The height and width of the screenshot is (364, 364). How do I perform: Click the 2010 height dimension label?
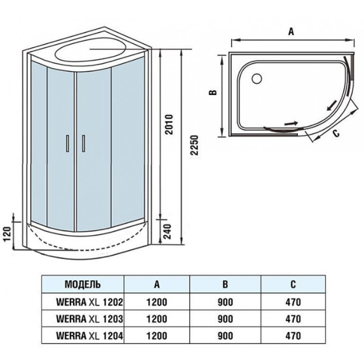pos(170,124)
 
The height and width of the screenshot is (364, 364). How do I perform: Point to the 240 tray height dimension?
pos(167,232)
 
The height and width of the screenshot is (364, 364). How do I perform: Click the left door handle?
pos(67,143)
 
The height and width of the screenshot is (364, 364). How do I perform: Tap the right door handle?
pos(83,143)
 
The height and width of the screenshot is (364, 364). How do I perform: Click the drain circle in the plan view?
pos(257,79)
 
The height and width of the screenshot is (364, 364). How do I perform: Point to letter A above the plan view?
pos(291,31)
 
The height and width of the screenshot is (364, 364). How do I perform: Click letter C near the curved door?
pos(336,133)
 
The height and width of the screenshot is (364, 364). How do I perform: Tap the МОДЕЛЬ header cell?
pos(83,284)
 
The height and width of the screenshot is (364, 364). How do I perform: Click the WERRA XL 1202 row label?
pos(89,302)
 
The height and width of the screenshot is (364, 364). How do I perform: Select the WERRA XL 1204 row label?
pos(89,335)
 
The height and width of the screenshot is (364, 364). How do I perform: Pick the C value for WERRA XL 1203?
pos(293,319)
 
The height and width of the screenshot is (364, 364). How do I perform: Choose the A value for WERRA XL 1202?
pos(157,302)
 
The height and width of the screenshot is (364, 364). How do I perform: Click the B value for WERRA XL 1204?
pos(225,336)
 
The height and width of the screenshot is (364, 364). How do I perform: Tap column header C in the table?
pos(293,284)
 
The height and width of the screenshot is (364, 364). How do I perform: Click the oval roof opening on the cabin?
pos(91,51)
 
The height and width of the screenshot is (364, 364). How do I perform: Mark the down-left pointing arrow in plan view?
pos(332,106)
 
